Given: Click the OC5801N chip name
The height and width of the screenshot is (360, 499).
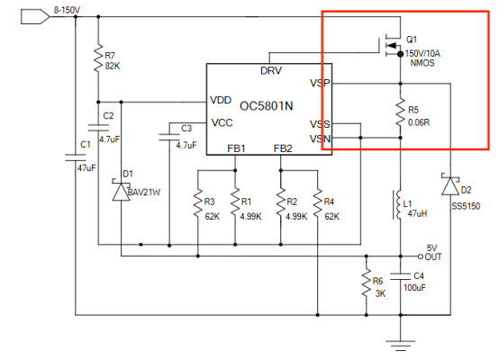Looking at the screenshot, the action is click(x=266, y=106).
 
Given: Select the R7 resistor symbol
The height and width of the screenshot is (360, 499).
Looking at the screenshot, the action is click(x=98, y=58).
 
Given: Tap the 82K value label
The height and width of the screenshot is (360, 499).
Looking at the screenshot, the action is click(x=113, y=66).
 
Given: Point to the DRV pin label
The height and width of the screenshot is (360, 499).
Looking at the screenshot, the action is click(x=271, y=70).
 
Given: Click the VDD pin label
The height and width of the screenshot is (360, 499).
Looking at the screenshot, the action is click(x=221, y=100).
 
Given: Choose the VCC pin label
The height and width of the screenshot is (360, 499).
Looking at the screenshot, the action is click(x=222, y=122).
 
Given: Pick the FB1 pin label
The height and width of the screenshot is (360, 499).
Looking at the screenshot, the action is click(x=236, y=148).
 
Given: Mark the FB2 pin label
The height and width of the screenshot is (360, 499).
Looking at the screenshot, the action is click(x=283, y=148).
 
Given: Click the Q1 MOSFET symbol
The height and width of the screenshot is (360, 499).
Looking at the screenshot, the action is click(x=391, y=46).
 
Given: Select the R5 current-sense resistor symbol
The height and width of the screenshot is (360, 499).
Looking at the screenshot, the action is click(x=400, y=112).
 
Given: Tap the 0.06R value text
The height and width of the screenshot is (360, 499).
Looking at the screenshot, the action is click(x=419, y=122).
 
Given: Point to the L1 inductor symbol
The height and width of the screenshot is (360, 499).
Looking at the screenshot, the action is click(x=398, y=204).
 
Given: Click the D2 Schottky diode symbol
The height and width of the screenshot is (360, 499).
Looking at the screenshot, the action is click(x=450, y=185).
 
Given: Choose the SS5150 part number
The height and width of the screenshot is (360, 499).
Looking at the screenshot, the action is click(x=466, y=206).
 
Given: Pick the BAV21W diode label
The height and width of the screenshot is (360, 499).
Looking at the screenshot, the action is click(x=143, y=193).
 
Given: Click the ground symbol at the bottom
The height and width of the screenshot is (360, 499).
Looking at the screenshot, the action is click(x=400, y=346).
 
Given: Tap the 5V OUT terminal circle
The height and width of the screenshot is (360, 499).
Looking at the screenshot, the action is click(x=421, y=256).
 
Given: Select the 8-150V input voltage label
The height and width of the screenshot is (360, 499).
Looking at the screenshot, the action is click(x=67, y=10).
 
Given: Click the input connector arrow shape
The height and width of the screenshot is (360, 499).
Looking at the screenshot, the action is click(x=35, y=16).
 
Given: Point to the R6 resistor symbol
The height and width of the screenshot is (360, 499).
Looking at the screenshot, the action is click(x=367, y=283).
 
